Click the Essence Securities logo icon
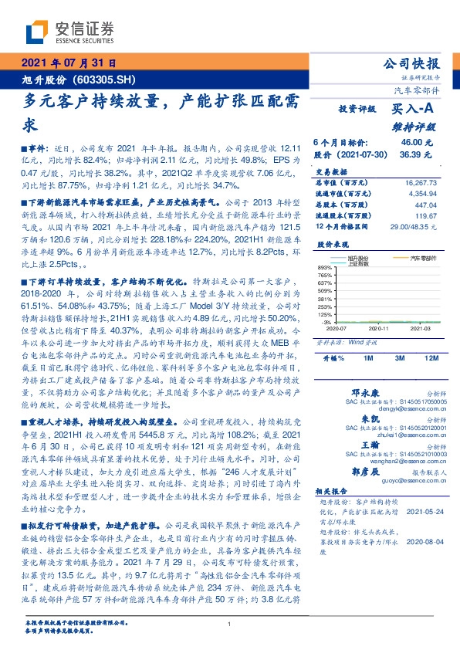pos(37,31)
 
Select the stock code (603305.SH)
pos(108,80)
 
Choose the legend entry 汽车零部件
pos(423,257)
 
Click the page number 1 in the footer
pos(230,625)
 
